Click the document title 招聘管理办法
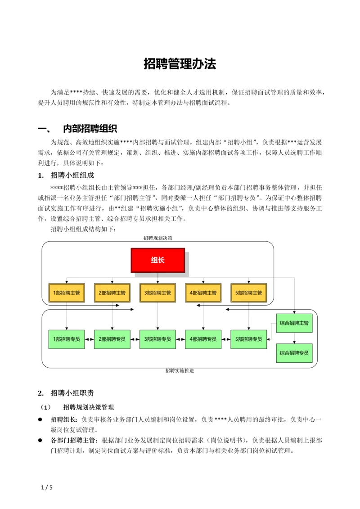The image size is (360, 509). [x=180, y=64]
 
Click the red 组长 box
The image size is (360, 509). [x=157, y=260]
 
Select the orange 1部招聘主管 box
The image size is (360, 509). [x=67, y=293]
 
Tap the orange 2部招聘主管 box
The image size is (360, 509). [x=112, y=293]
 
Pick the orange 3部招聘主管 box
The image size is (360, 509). [x=157, y=293]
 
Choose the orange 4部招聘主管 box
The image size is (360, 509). [x=203, y=293]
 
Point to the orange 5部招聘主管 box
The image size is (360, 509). [x=248, y=293]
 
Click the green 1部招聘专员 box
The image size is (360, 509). [x=67, y=339]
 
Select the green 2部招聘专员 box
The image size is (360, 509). [x=112, y=339]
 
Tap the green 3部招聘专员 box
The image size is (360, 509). [x=157, y=339]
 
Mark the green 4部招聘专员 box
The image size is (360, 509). [x=203, y=339]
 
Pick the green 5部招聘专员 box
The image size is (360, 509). [x=248, y=339]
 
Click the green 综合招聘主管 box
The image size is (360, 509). [x=294, y=323]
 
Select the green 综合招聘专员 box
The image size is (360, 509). [x=294, y=353]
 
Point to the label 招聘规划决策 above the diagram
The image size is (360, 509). [x=157, y=238]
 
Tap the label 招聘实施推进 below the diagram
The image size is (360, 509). [x=179, y=371]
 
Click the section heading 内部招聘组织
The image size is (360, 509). [x=90, y=129]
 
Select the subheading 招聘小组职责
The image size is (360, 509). [x=72, y=393]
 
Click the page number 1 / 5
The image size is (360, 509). [x=47, y=487]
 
